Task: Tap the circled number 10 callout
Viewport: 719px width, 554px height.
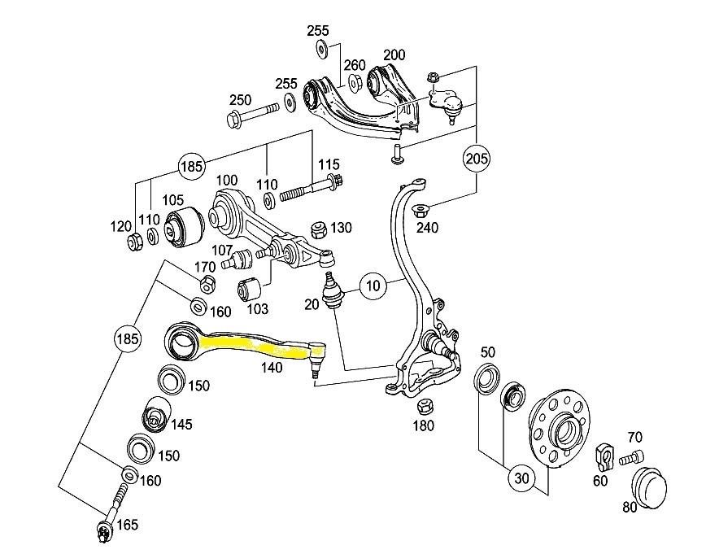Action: click(x=373, y=286)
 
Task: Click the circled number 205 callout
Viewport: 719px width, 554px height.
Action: click(x=478, y=158)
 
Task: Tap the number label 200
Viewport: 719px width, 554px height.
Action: click(x=394, y=55)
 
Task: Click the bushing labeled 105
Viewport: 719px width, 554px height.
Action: click(x=185, y=229)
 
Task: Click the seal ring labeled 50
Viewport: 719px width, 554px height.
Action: click(x=487, y=379)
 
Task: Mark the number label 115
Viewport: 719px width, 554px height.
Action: click(x=328, y=164)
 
